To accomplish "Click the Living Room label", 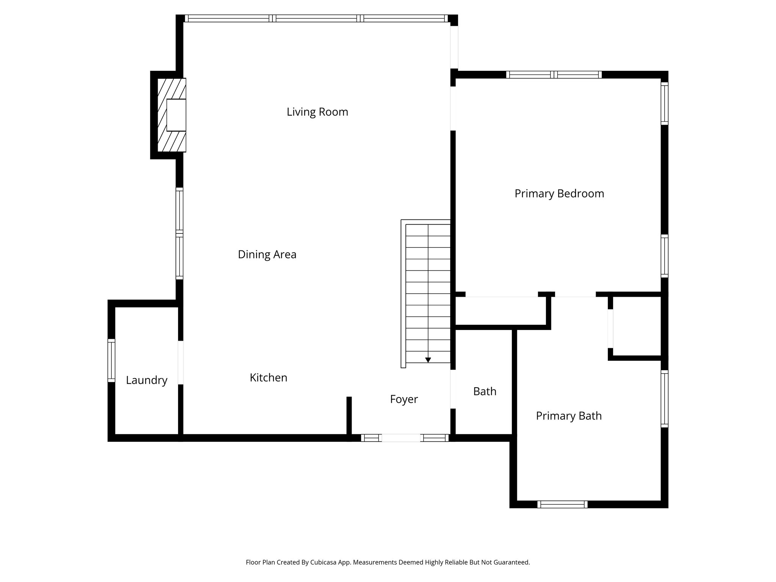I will [x=317, y=112].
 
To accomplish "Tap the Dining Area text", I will [x=267, y=254].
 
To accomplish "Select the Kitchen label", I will [x=268, y=378].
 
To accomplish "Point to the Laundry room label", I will [x=147, y=380].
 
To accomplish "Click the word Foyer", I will [x=404, y=399].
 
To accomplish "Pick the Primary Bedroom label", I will [x=559, y=194].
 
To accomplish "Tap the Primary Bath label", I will [x=568, y=416].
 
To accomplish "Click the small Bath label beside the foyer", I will [x=485, y=391].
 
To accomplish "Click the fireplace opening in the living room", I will [x=177, y=115].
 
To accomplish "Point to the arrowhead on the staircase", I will [x=428, y=360].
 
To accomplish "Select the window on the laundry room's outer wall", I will [x=111, y=360].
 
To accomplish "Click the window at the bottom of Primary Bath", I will [x=562, y=504].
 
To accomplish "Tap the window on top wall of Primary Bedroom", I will [x=554, y=75].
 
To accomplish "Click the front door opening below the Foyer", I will [x=401, y=438].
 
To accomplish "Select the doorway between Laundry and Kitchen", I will [x=181, y=363].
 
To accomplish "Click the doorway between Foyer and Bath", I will [x=453, y=389].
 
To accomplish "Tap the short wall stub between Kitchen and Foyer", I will [x=349, y=417].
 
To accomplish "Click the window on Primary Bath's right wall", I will [x=664, y=399].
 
